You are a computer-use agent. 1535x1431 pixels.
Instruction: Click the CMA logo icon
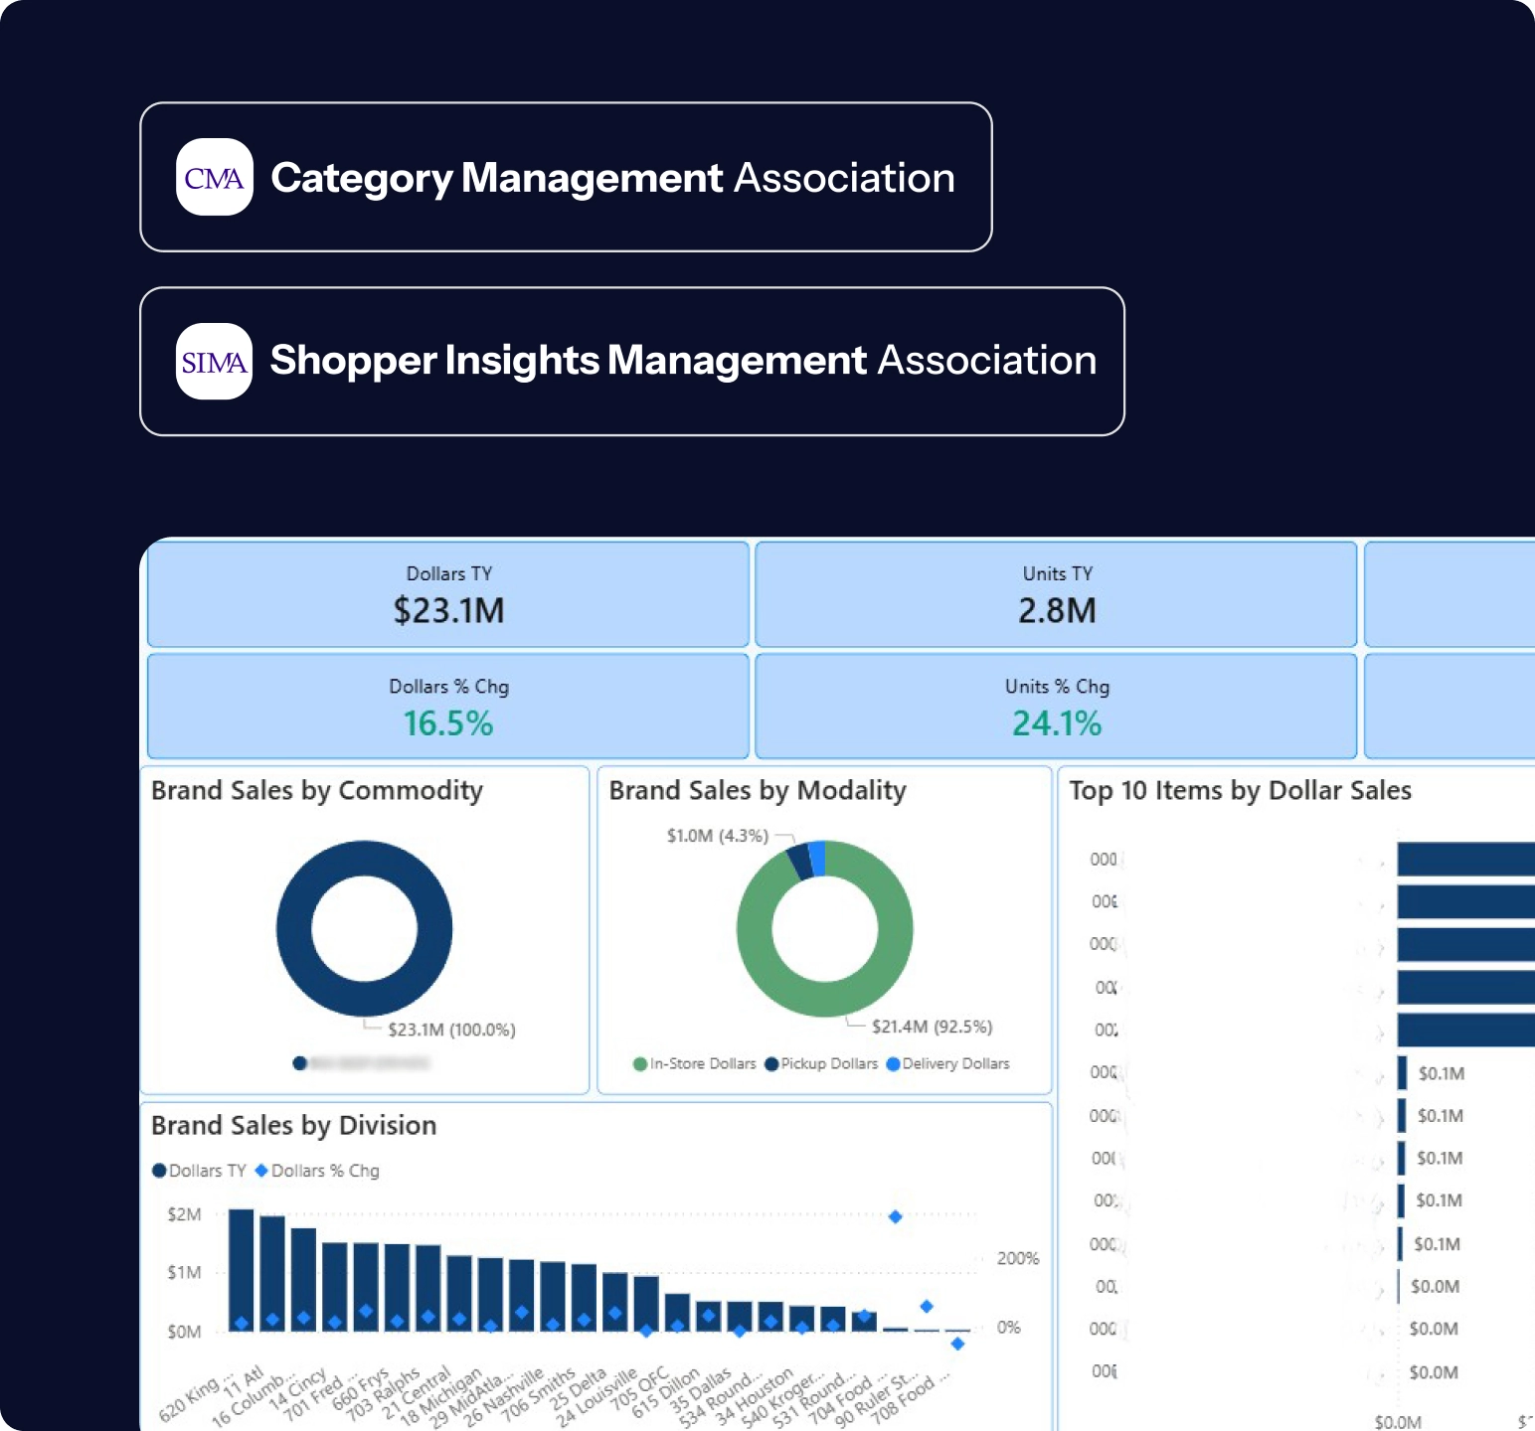coord(214,177)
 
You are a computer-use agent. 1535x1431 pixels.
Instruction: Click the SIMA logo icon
coord(214,361)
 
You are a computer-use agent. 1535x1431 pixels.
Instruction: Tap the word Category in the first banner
coord(361,178)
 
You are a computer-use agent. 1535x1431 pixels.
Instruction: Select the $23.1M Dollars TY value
coord(448,610)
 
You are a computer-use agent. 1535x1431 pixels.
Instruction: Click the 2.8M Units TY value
coord(1057,610)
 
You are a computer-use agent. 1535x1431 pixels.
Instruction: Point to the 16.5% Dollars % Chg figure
coord(448,723)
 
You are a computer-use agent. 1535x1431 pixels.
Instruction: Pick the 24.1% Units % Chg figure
coord(1057,723)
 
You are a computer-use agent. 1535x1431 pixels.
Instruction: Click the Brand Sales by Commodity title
coord(317,791)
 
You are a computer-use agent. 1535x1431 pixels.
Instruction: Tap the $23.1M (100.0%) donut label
coord(451,1030)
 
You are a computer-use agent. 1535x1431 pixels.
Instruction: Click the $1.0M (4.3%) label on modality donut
coord(717,836)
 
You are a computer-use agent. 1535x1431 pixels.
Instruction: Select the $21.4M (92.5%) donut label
coord(932,1027)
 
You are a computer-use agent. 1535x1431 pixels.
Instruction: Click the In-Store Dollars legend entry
coord(695,1064)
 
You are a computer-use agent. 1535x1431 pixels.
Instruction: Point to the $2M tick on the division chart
coord(184,1214)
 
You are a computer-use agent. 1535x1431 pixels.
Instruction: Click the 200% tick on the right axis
coord(1018,1258)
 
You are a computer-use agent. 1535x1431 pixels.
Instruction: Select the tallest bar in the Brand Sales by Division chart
coord(242,1269)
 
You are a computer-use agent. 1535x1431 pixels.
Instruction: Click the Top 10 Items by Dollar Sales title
coord(1240,791)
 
